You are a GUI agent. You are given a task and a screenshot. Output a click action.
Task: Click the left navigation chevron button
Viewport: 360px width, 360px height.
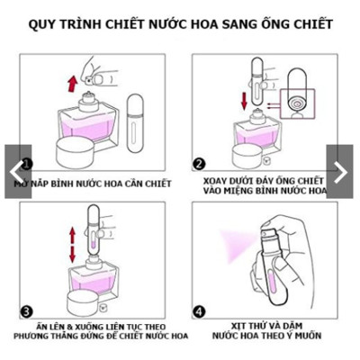click(16, 172)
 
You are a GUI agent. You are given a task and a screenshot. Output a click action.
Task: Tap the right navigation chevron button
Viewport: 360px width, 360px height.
click(343, 172)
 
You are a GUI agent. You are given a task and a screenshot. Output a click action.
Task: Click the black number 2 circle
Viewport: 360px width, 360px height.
click(199, 164)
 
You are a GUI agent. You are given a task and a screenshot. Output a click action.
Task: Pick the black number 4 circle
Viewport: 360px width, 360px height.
click(199, 312)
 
